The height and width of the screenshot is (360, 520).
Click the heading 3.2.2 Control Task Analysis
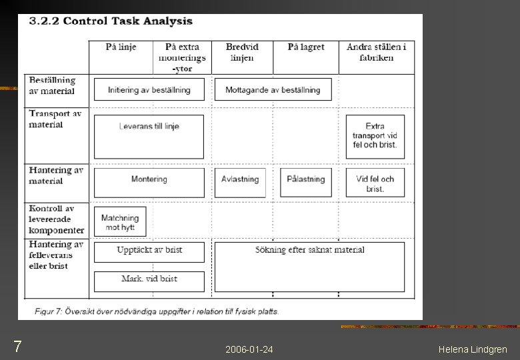(111, 21)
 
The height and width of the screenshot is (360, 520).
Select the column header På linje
(121, 47)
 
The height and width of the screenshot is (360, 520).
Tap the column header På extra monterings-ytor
(182, 57)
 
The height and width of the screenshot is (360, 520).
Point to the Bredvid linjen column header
(242, 52)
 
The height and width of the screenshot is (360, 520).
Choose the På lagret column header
(306, 47)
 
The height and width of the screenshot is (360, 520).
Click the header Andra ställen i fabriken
(376, 52)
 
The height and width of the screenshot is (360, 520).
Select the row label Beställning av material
(52, 85)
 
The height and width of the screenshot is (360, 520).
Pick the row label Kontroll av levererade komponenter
(56, 219)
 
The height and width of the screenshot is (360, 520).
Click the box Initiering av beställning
(149, 90)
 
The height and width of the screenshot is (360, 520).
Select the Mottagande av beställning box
(273, 90)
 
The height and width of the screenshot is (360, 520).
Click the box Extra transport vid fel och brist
(375, 136)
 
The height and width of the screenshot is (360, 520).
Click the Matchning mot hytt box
(120, 222)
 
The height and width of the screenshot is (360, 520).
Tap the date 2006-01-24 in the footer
(249, 349)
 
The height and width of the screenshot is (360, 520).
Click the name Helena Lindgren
(473, 349)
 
